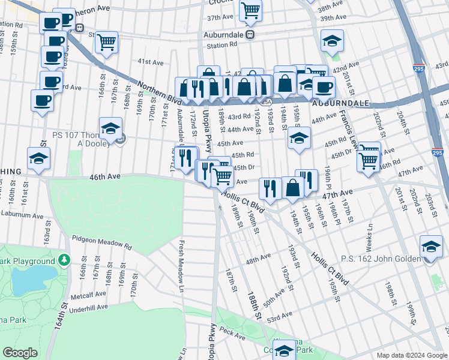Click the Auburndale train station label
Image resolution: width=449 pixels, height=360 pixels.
click(229, 35)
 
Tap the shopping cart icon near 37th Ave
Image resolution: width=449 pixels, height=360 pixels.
click(250, 9)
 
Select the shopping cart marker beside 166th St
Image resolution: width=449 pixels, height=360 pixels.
click(107, 42)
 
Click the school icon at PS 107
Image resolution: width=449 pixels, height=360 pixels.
click(111, 128)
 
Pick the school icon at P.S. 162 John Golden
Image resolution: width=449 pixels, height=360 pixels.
click(430, 247)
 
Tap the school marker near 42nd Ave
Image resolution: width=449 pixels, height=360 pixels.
click(332, 41)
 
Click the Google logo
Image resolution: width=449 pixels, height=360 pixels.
click(20, 353)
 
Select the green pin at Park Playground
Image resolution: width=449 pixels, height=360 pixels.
click(64, 261)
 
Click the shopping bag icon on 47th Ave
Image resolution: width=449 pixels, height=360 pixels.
click(292, 187)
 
